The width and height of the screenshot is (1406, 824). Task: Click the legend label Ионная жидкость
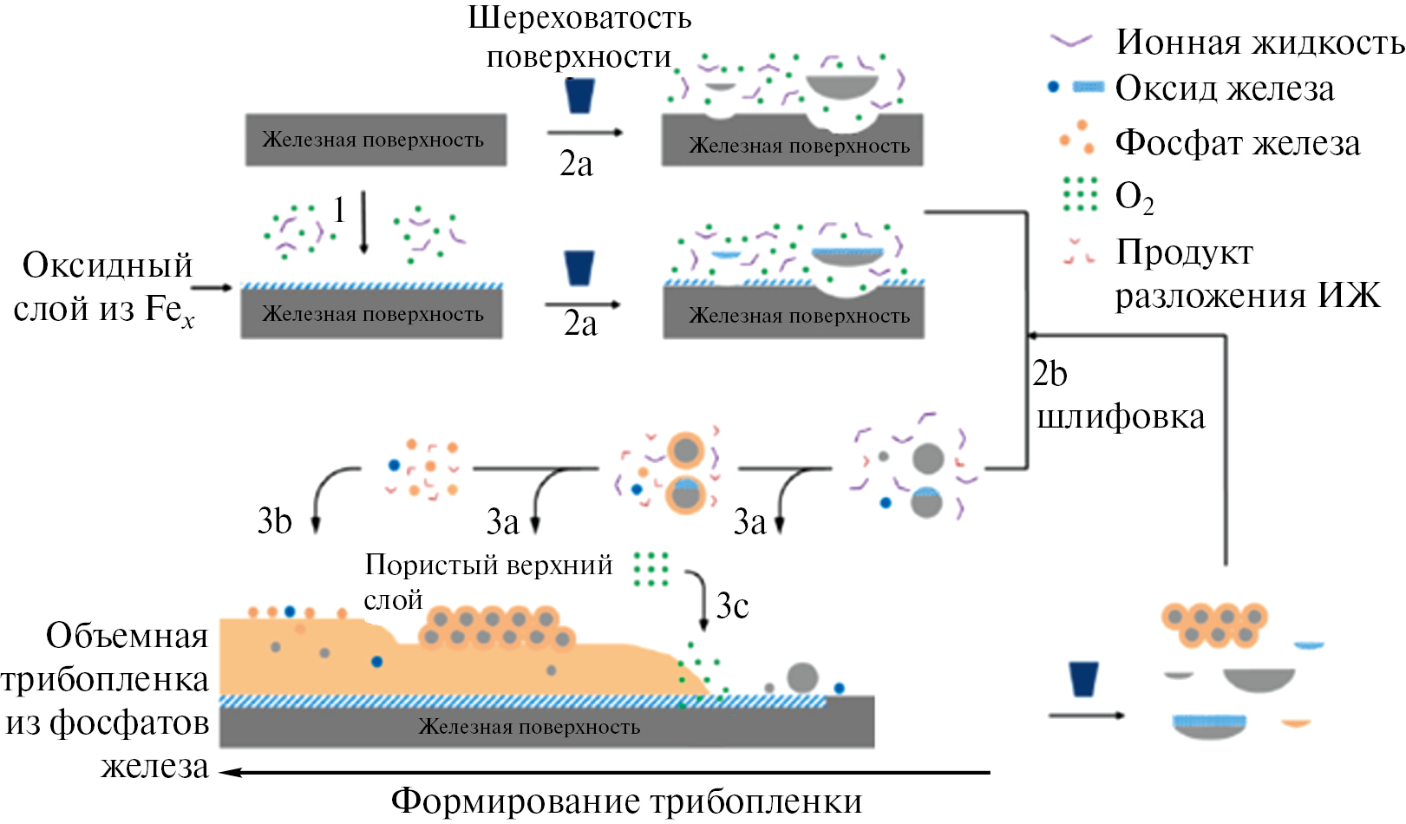pyautogui.click(x=1259, y=42)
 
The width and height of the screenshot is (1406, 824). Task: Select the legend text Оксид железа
pyautogui.click(x=1224, y=88)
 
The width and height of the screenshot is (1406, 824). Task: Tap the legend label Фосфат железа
pyautogui.click(x=1237, y=143)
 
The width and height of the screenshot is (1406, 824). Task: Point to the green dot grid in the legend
pyautogui.click(x=1080, y=194)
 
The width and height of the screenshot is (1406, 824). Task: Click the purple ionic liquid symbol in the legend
pyautogui.click(x=1071, y=41)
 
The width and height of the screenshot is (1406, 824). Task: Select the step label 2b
pyautogui.click(x=1050, y=374)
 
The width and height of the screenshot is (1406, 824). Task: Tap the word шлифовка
pyautogui.click(x=1121, y=417)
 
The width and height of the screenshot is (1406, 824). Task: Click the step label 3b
pyautogui.click(x=274, y=520)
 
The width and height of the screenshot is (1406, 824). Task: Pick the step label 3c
pyautogui.click(x=732, y=605)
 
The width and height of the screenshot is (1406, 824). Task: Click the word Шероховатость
pyautogui.click(x=579, y=17)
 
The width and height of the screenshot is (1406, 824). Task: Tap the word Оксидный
pyautogui.click(x=108, y=265)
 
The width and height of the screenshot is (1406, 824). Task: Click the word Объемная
pyautogui.click(x=127, y=636)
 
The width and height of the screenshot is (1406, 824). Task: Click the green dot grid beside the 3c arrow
pyautogui.click(x=651, y=570)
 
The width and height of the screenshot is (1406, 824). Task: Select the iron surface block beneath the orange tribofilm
pyautogui.click(x=546, y=726)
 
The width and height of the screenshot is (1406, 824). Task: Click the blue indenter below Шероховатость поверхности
pyautogui.click(x=579, y=95)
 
